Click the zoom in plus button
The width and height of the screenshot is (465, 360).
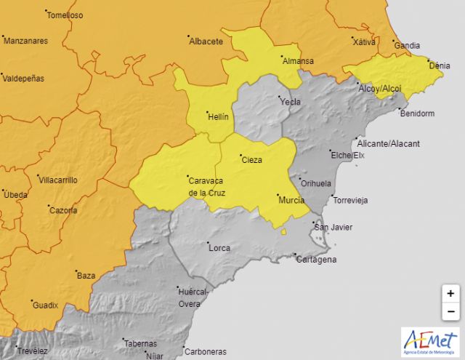pyautogui.click(x=450, y=294)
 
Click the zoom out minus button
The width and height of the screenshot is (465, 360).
pyautogui.click(x=450, y=311)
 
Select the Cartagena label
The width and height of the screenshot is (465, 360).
pyautogui.click(x=317, y=260)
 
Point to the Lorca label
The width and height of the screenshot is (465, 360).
pyautogui.click(x=219, y=248)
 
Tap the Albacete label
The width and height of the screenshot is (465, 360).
pyautogui.click(x=206, y=41)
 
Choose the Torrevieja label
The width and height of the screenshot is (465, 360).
pyautogui.click(x=351, y=200)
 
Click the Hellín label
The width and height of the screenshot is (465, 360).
pyautogui.click(x=217, y=116)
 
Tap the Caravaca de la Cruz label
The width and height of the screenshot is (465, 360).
pyautogui.click(x=207, y=186)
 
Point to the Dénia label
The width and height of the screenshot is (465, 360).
pyautogui.click(x=440, y=65)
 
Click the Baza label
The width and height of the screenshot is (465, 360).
pyautogui.click(x=86, y=276)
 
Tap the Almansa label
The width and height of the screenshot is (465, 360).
pyautogui.click(x=299, y=61)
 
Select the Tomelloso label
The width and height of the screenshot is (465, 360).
pyautogui.click(x=65, y=15)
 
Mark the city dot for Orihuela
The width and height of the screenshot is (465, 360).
pyautogui.click(x=299, y=177)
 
